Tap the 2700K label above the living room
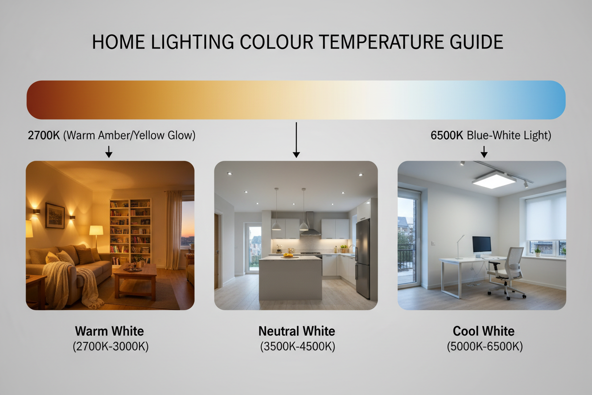(x=44, y=135)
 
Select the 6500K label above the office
(x=447, y=135)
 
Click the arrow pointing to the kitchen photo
(x=296, y=140)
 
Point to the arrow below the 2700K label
(x=109, y=151)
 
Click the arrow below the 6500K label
(x=484, y=151)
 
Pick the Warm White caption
(x=110, y=331)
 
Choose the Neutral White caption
(x=297, y=331)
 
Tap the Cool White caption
(x=484, y=331)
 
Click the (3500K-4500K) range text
(x=297, y=346)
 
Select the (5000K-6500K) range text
(x=485, y=346)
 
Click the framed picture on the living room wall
(x=55, y=216)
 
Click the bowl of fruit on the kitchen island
(x=288, y=255)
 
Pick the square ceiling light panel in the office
(x=494, y=179)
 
